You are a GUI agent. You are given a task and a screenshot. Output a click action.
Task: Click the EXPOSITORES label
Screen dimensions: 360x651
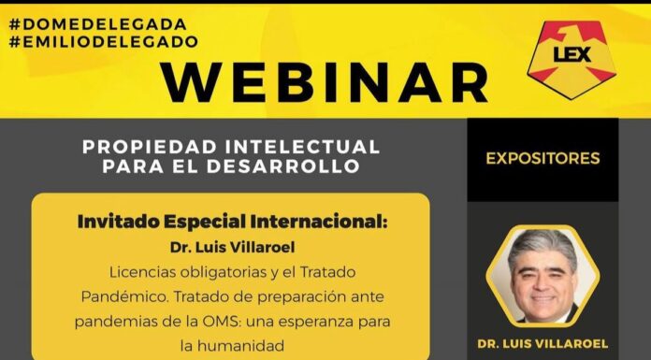pos(542,158)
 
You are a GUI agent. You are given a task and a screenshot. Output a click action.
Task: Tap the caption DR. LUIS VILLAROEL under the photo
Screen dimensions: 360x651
pos(542,341)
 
